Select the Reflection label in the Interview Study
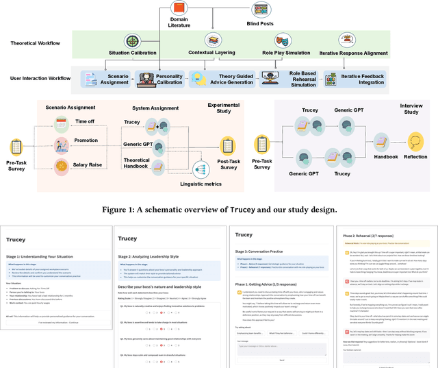(x=415, y=157)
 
